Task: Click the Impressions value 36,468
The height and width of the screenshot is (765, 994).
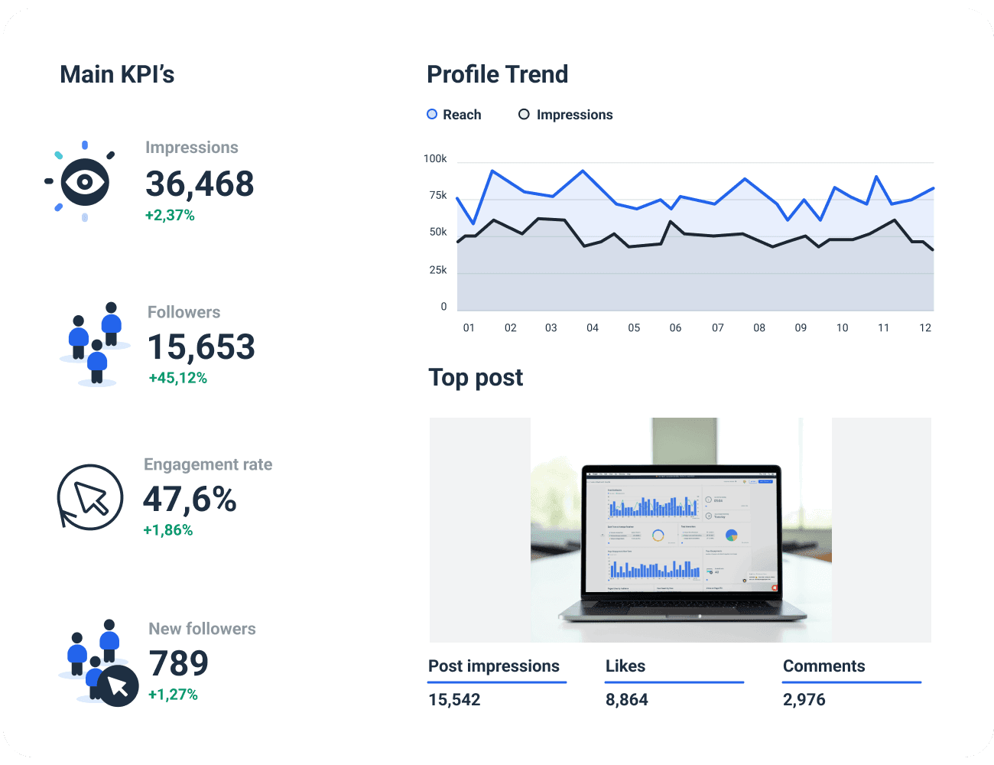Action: click(x=200, y=184)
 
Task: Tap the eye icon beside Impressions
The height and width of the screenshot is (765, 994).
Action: click(x=84, y=182)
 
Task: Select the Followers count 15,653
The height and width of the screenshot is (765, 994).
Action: click(x=201, y=347)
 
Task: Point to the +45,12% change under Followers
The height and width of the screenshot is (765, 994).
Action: click(x=177, y=378)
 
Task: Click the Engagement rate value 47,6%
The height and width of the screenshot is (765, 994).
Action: click(x=190, y=500)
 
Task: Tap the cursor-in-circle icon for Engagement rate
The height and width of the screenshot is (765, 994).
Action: click(x=90, y=497)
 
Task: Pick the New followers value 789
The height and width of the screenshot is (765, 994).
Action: click(x=178, y=663)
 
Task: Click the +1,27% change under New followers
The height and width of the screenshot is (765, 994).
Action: click(x=173, y=695)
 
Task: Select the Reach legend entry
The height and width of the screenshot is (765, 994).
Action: click(x=454, y=115)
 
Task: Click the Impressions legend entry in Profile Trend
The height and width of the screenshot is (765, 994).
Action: click(x=566, y=115)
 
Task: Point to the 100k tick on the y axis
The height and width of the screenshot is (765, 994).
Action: click(x=435, y=159)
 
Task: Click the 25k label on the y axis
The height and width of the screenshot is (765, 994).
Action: click(x=438, y=270)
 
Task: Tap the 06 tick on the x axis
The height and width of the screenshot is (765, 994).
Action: click(x=675, y=328)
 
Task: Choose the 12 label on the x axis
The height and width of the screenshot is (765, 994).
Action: click(x=925, y=328)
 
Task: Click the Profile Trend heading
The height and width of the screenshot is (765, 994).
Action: click(x=497, y=74)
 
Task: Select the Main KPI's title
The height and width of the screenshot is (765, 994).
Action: click(x=117, y=74)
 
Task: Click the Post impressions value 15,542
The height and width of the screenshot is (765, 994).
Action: click(x=454, y=700)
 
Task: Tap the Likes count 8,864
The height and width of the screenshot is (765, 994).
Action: click(x=626, y=700)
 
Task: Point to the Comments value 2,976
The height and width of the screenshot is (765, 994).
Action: click(x=804, y=700)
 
